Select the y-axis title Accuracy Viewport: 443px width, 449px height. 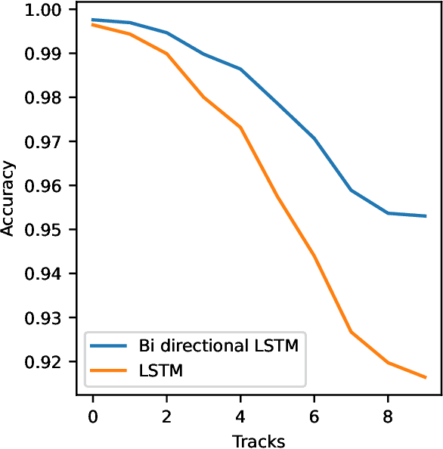(x=9, y=198)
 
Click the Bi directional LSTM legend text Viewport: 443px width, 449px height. (x=218, y=348)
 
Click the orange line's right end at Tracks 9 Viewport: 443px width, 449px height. (x=426, y=377)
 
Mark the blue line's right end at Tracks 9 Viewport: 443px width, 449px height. (x=426, y=216)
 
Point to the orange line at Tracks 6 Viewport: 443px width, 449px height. (x=314, y=255)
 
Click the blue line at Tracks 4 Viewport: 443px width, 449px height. (x=240, y=70)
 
